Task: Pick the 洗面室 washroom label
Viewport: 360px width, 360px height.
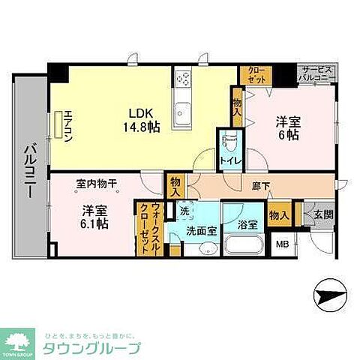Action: (x=202, y=231)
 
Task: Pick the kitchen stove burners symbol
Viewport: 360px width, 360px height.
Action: (x=184, y=77)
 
